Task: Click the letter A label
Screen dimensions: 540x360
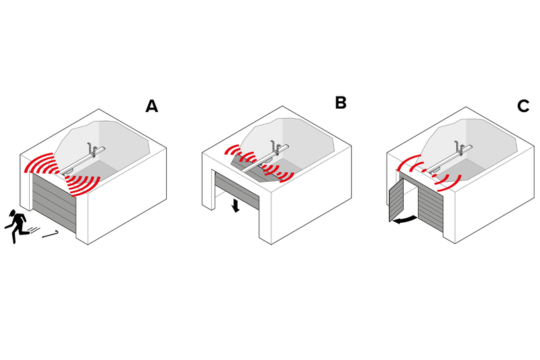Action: tap(151, 106)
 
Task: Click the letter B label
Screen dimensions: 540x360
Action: tap(341, 102)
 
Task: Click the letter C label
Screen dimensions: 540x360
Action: tap(523, 106)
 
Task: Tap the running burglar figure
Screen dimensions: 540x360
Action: tap(16, 226)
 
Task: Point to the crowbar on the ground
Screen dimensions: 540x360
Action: tap(51, 234)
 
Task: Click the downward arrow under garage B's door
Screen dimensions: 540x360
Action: tap(236, 205)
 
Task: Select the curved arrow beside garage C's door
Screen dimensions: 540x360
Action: tap(405, 220)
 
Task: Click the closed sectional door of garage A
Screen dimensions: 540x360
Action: tap(54, 201)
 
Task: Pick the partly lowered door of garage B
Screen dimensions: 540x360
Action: tap(237, 190)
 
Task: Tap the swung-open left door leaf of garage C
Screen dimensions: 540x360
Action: tap(396, 200)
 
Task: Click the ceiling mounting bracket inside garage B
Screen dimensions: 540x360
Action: tap(275, 147)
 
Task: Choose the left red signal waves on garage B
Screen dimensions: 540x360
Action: tap(240, 154)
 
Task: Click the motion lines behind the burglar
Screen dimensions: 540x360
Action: tap(34, 230)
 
